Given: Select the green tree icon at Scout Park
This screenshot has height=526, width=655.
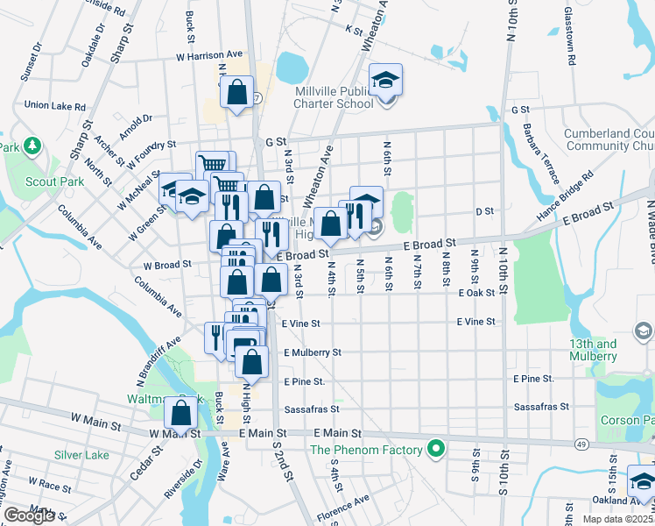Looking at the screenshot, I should [x=32, y=145].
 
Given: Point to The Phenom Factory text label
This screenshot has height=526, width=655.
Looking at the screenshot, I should [x=368, y=451].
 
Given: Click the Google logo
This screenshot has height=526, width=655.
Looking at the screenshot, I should [x=29, y=515].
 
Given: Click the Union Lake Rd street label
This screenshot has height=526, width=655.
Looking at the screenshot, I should [x=54, y=104].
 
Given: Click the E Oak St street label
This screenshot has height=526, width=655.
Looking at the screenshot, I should [x=476, y=293].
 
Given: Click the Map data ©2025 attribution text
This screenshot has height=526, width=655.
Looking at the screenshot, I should [x=617, y=519].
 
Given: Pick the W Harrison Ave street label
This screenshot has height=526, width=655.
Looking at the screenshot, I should [x=208, y=55].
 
